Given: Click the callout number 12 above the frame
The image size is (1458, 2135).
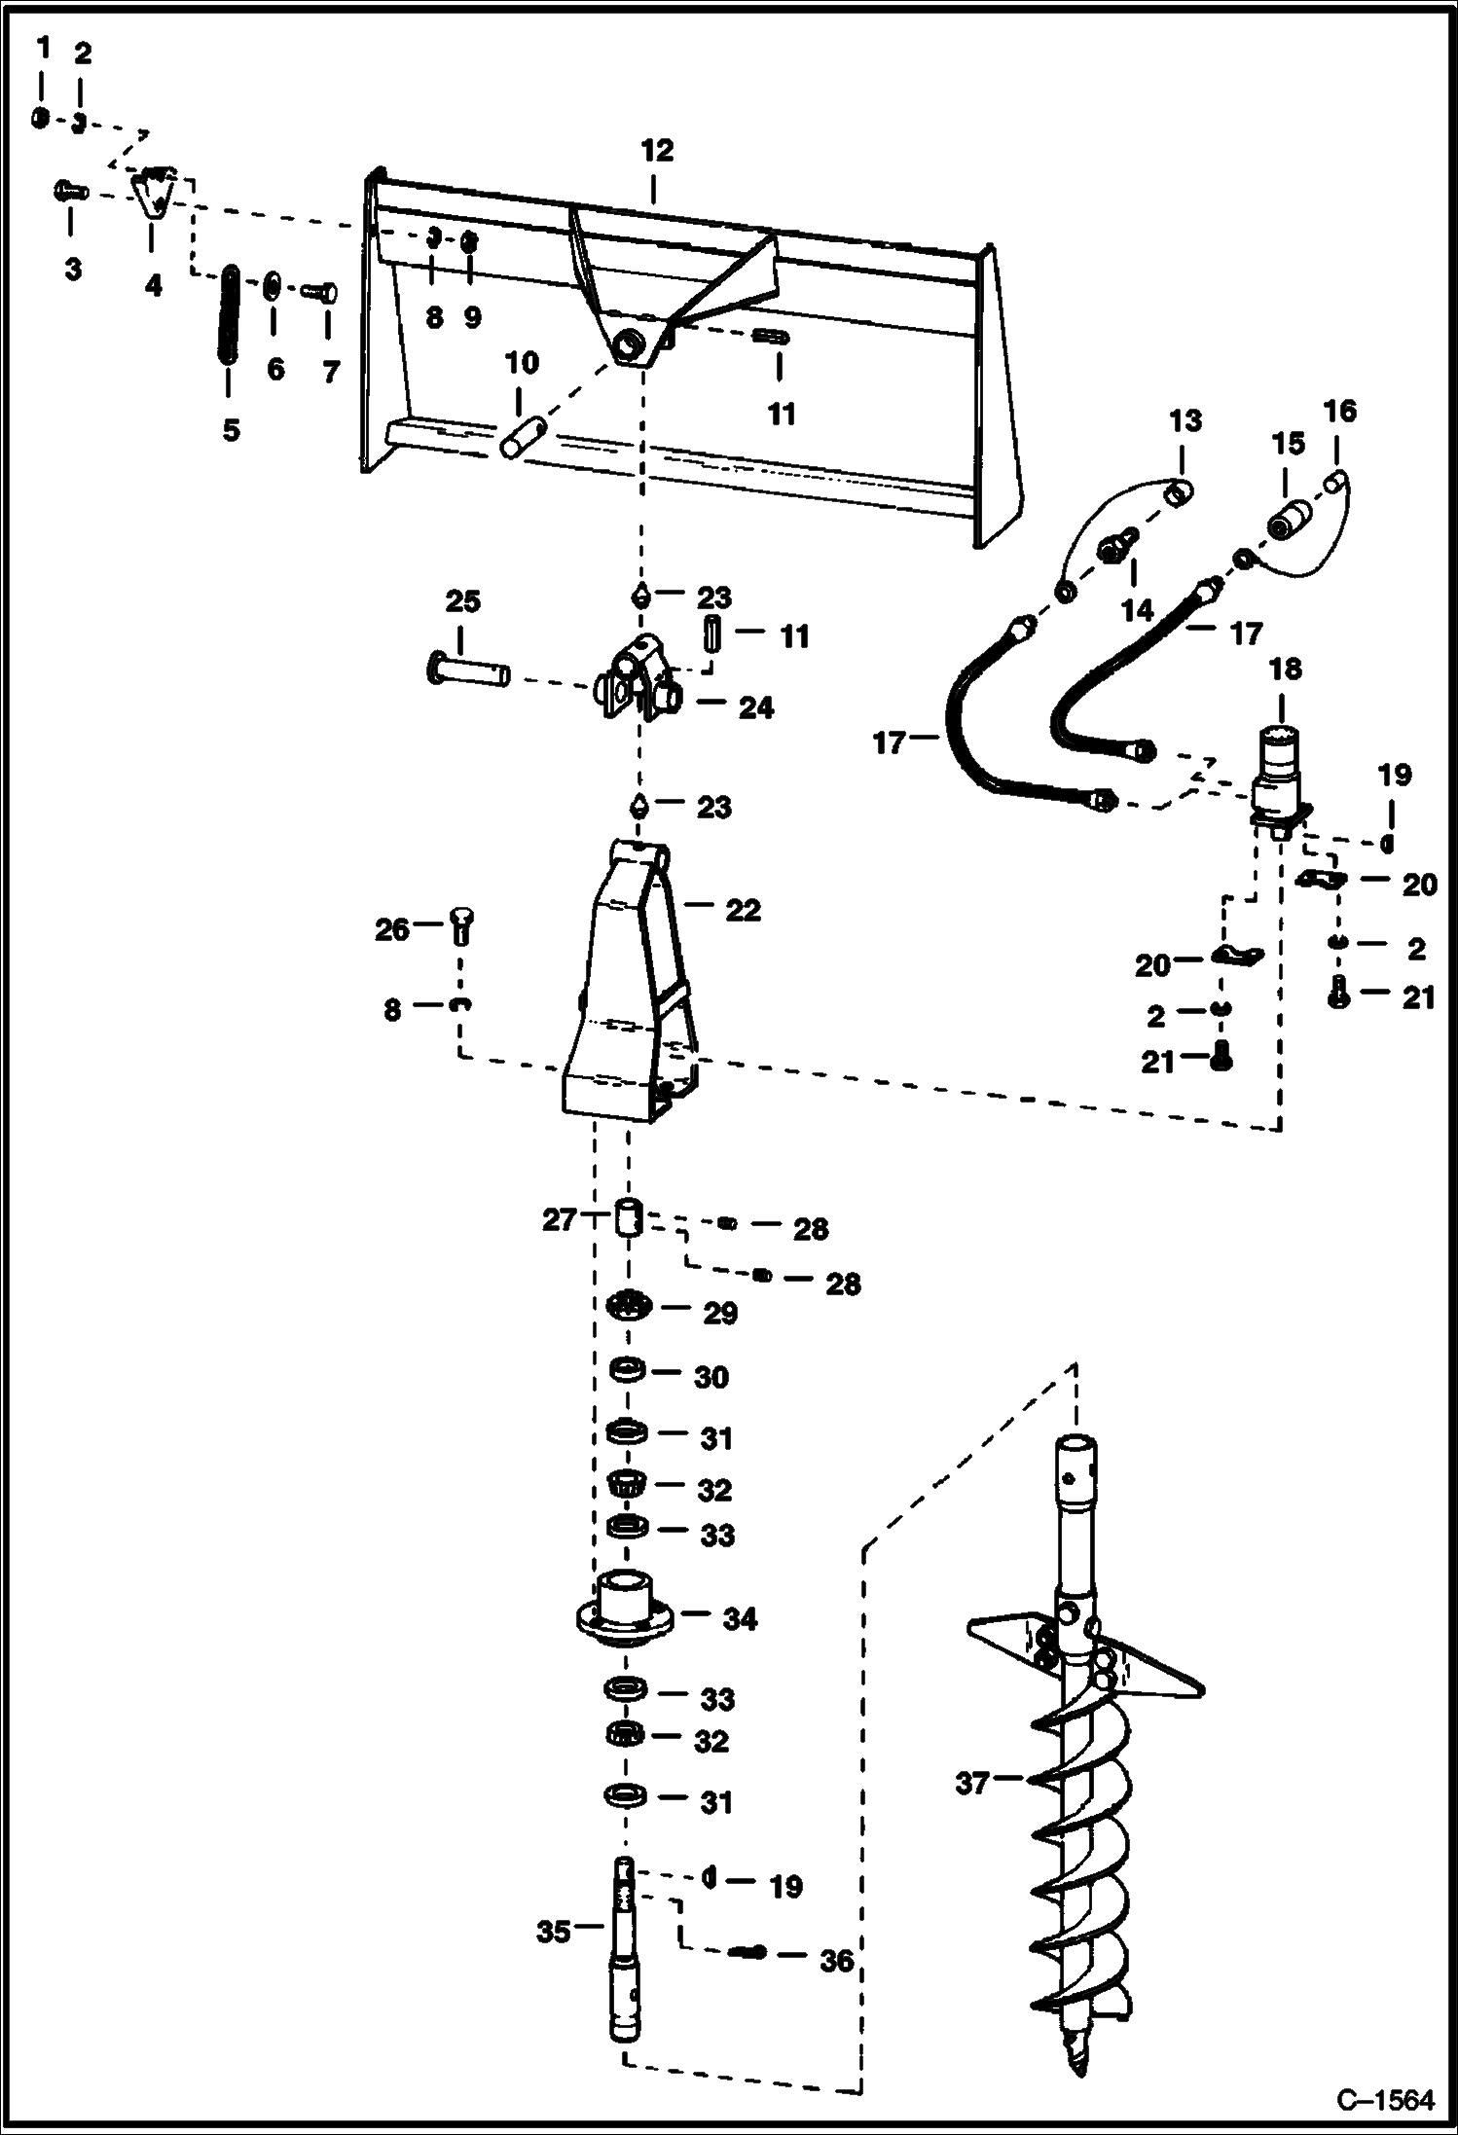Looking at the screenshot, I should (657, 151).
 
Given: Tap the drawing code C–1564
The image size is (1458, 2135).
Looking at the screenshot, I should (1385, 2099).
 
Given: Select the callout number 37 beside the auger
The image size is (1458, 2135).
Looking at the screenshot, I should (972, 1784).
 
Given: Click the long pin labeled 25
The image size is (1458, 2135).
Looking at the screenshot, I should (468, 672).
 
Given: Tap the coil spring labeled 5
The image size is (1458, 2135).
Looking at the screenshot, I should (230, 314).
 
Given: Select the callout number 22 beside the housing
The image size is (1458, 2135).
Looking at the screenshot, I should (743, 911).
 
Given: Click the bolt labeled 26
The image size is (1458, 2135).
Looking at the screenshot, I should (462, 924).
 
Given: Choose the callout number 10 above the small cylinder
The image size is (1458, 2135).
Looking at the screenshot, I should (523, 363).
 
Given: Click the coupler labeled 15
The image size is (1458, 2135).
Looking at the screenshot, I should (1292, 523).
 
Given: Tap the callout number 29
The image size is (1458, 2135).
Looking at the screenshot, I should (720, 1314).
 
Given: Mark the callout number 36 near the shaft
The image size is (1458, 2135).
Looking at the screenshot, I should (835, 1962).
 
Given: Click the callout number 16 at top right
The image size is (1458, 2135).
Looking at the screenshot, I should (1340, 413).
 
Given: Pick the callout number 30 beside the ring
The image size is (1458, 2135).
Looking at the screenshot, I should (711, 1378).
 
